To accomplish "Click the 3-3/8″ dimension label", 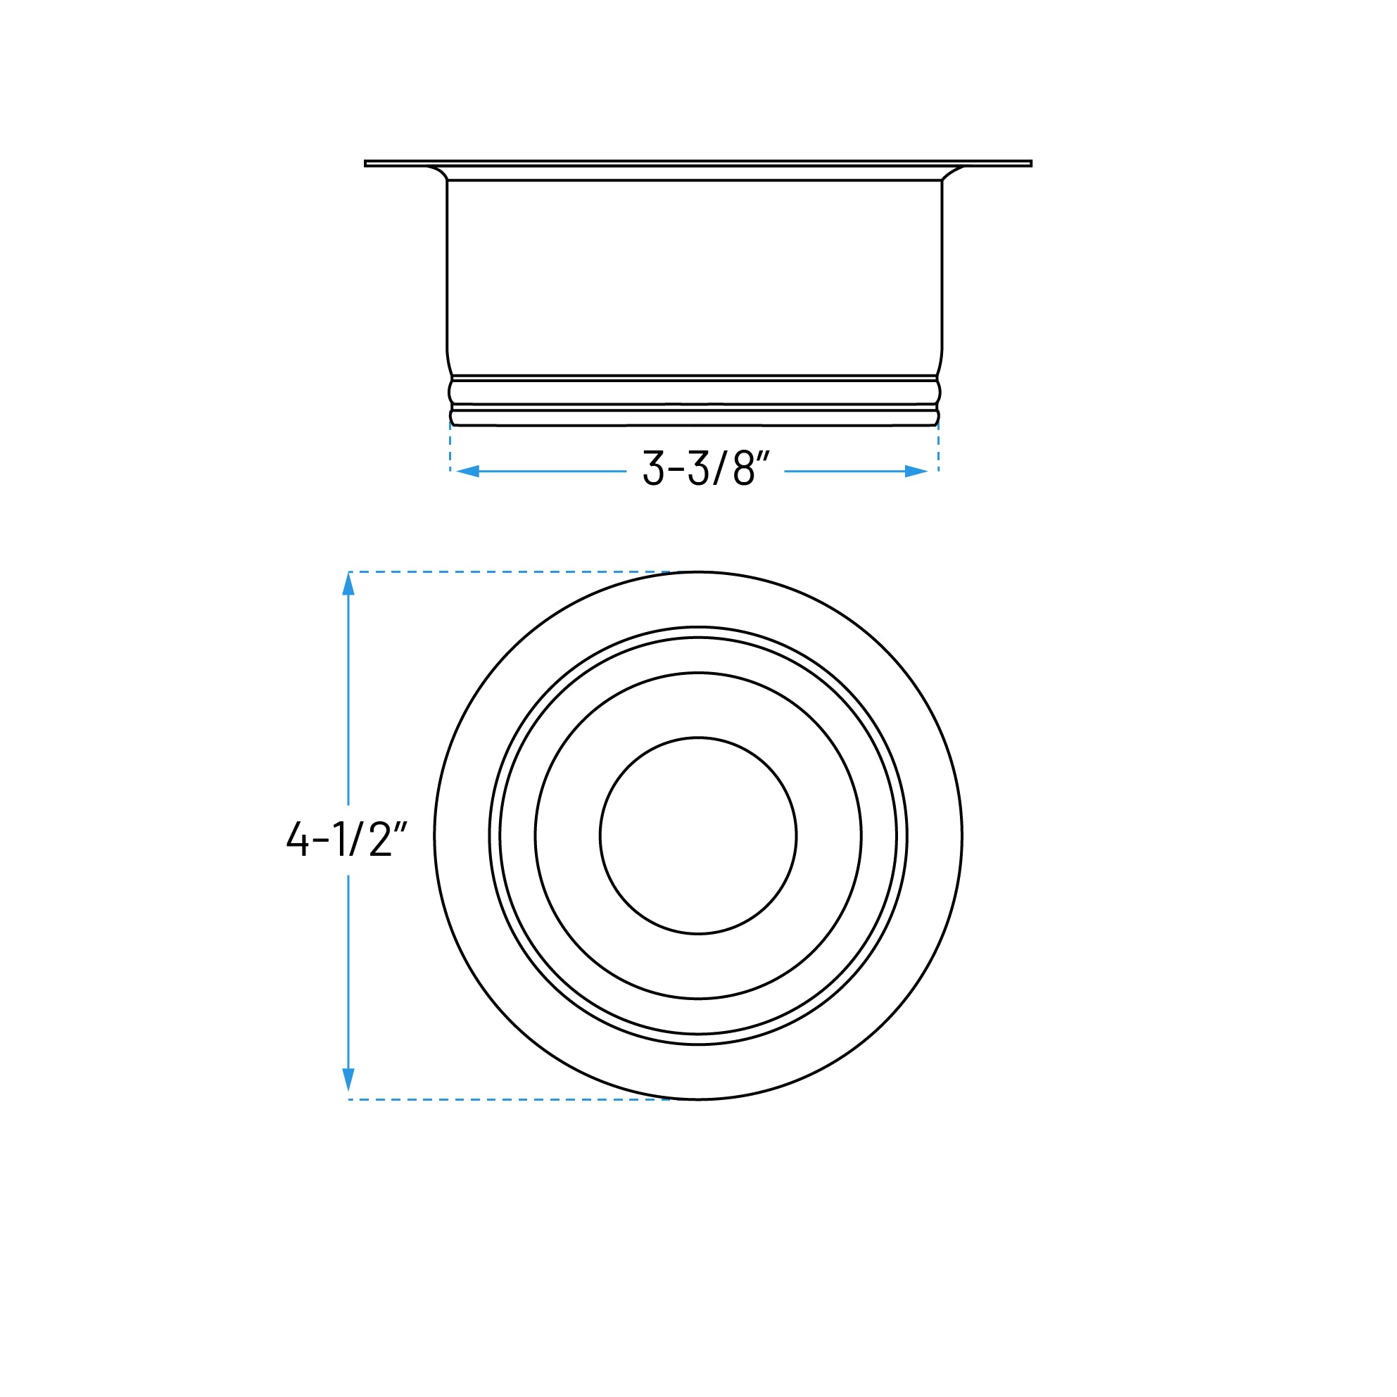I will [705, 468].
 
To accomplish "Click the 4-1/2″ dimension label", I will [346, 839].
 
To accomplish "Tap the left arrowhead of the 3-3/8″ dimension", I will [468, 472].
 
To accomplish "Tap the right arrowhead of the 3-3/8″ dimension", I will [916, 472].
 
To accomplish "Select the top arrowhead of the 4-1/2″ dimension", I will [348, 584].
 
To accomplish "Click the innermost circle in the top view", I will [697, 836].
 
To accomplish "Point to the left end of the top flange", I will [367, 163].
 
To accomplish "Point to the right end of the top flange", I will [1029, 163].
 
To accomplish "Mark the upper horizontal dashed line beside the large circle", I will [506, 572].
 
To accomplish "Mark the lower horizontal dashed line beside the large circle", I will [506, 1100].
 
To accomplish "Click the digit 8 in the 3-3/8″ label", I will [744, 468].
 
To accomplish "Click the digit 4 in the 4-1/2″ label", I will [297, 839].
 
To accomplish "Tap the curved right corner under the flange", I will [952, 172].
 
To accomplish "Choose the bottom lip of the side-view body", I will [694, 418].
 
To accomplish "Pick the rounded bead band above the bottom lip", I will [694, 392].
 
